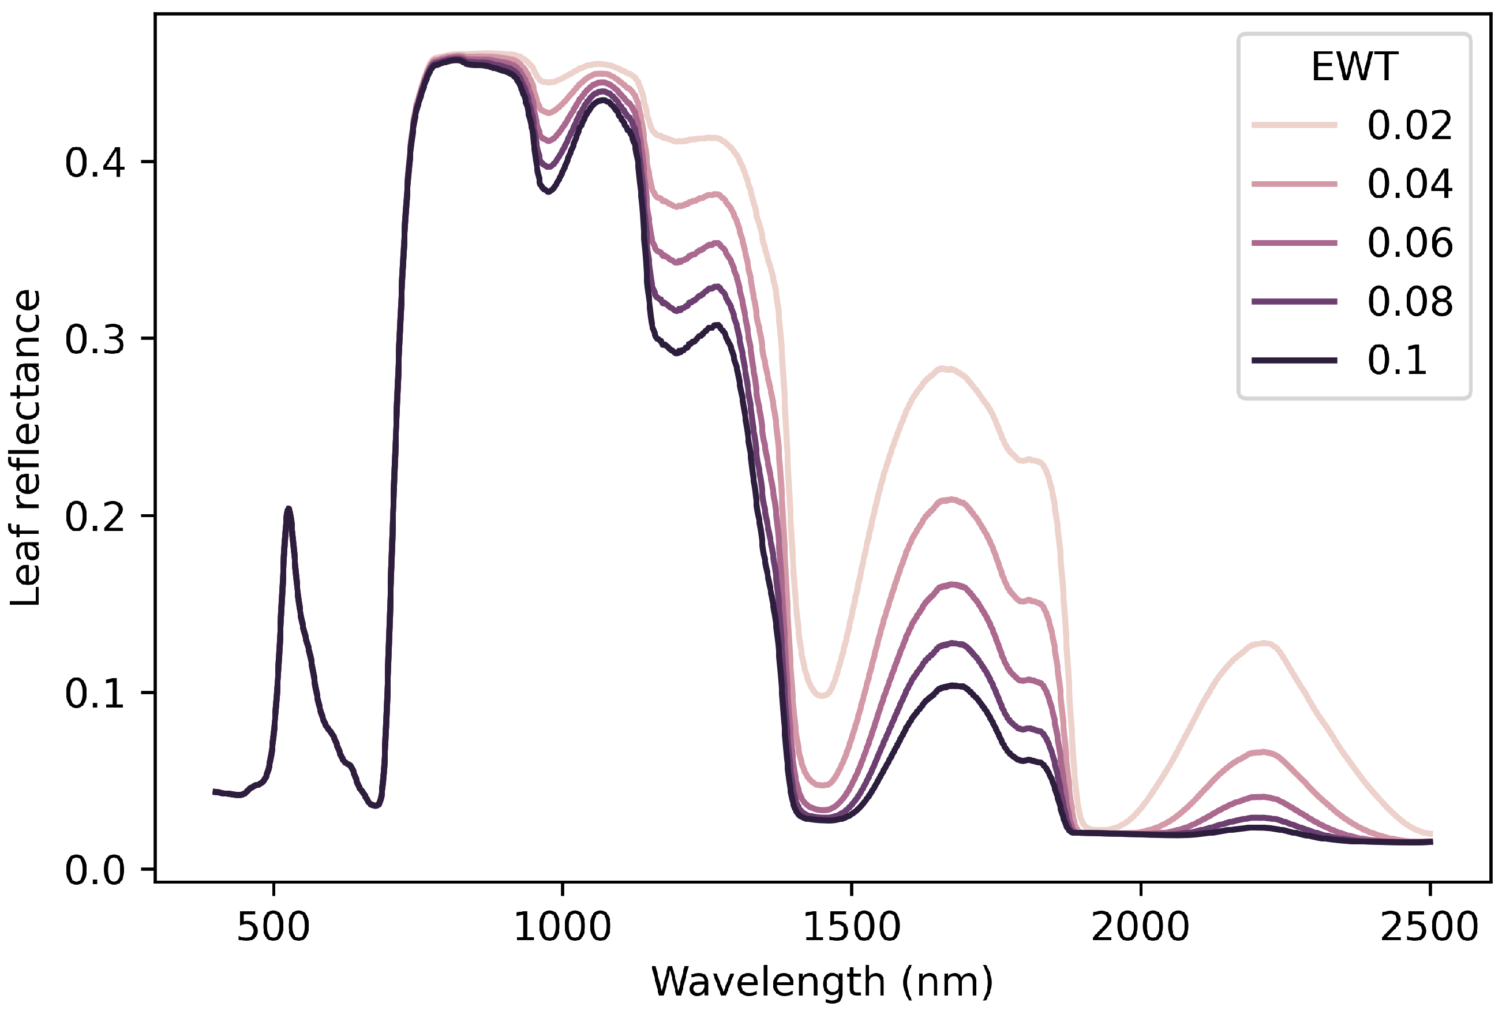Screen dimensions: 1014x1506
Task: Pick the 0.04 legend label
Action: [1410, 184]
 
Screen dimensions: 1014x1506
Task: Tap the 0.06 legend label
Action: [1410, 243]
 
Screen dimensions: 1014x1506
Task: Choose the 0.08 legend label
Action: [1410, 301]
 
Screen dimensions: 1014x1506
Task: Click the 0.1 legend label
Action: [1397, 360]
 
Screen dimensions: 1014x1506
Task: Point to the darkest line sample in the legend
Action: [1294, 360]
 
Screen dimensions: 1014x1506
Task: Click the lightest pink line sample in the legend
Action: [1294, 125]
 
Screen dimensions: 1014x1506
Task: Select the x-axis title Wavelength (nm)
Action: [822, 982]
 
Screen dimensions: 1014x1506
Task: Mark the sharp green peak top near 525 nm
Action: [289, 509]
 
